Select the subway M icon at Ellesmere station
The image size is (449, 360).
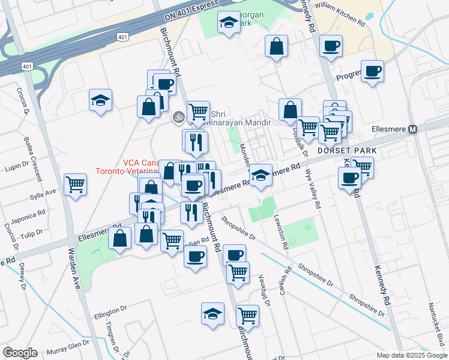point(413,129)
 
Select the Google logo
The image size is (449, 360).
point(20,352)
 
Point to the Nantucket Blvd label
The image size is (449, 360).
point(432,326)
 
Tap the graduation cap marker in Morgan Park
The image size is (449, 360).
point(228,23)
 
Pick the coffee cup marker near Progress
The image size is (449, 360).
point(372,71)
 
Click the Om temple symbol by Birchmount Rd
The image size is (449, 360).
point(177,117)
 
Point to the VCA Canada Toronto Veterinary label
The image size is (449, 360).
point(140,166)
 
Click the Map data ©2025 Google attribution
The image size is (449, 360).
point(411,355)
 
